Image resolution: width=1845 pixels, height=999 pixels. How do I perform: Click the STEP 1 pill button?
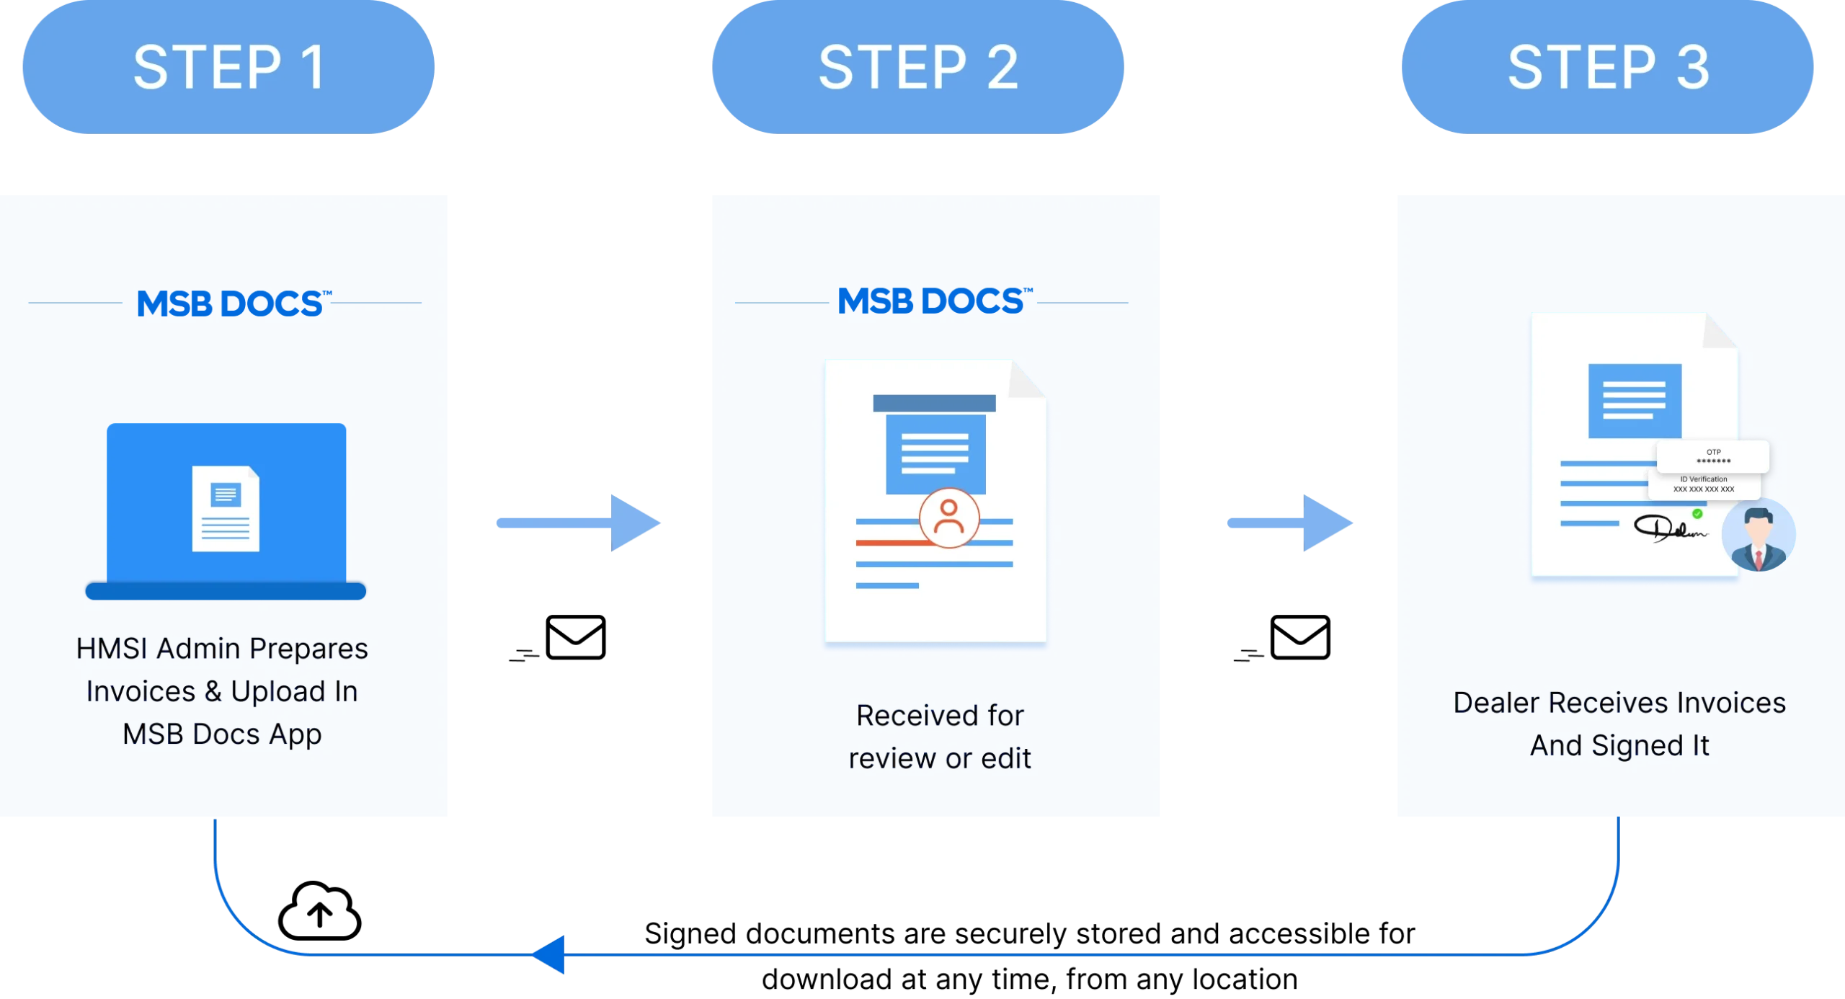pyautogui.click(x=228, y=67)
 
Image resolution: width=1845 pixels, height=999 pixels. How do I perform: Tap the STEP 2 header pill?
pyautogui.click(x=917, y=67)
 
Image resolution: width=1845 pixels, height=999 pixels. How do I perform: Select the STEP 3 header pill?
pyautogui.click(x=1608, y=67)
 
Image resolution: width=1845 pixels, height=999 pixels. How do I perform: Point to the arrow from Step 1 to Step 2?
pyautogui.click(x=579, y=523)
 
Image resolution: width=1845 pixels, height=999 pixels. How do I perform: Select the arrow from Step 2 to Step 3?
pyautogui.click(x=1290, y=523)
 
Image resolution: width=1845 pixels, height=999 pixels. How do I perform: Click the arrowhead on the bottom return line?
pyautogui.click(x=549, y=955)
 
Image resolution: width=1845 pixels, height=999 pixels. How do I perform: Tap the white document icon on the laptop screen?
pyautogui.click(x=226, y=509)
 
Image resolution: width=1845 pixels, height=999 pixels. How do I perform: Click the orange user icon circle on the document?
pyautogui.click(x=949, y=518)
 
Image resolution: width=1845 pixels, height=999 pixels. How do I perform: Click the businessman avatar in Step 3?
pyautogui.click(x=1759, y=535)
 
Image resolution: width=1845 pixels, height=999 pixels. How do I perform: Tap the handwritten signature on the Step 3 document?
pyautogui.click(x=1668, y=528)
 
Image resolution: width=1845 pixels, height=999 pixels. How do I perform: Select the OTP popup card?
pyautogui.click(x=1713, y=456)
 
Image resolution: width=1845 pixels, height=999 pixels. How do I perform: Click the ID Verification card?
pyautogui.click(x=1704, y=484)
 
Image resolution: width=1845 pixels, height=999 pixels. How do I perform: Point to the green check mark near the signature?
pyautogui.click(x=1697, y=514)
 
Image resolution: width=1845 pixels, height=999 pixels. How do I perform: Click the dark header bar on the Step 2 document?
pyautogui.click(x=934, y=403)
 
